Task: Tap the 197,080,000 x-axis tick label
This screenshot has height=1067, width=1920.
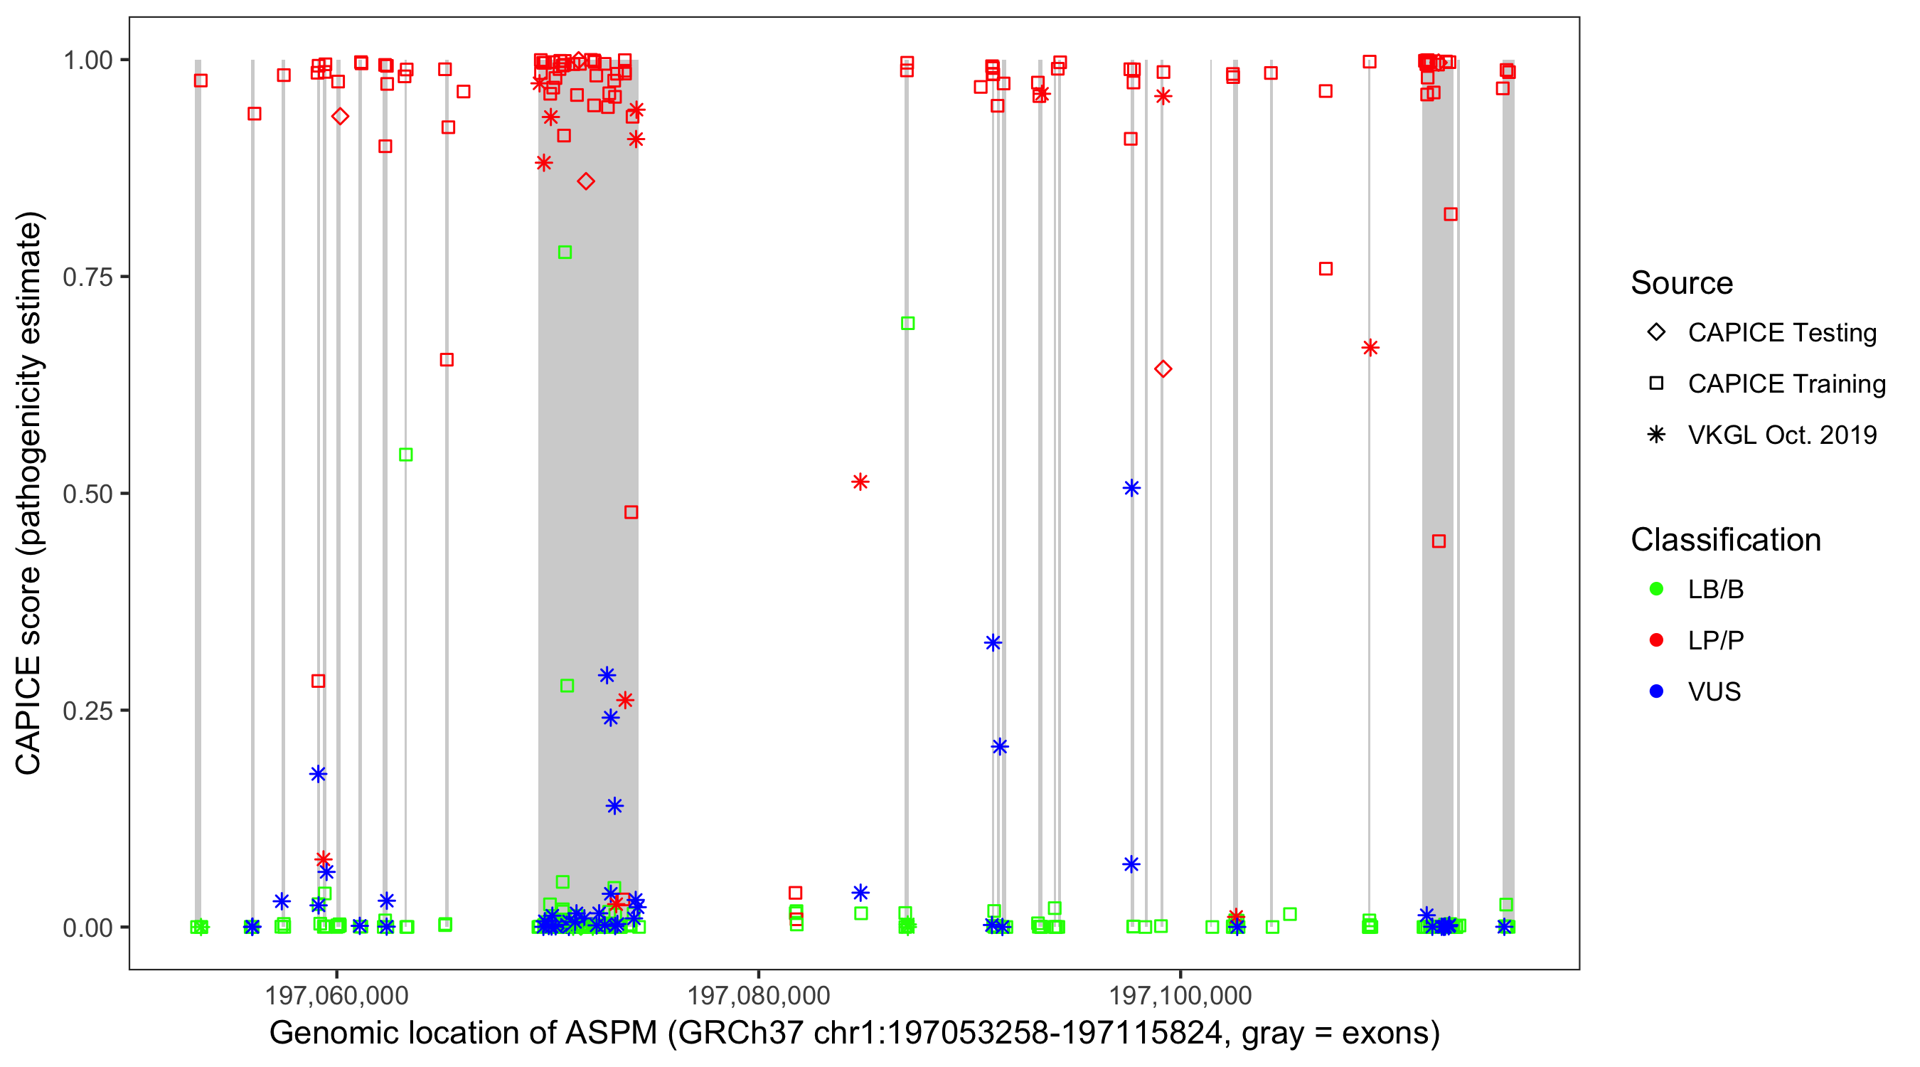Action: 758,995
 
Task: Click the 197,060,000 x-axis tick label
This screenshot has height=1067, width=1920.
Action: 336,995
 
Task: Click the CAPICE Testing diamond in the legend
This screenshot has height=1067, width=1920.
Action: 1656,333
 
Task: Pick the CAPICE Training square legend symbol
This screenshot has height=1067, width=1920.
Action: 1656,384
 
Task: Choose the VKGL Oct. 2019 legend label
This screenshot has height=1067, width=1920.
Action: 1782,435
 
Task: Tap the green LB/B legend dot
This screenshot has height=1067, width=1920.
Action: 1656,590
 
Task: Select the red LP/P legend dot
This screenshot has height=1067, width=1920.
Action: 1656,640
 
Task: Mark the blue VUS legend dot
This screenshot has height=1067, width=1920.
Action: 1656,692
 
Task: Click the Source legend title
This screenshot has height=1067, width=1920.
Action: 1682,283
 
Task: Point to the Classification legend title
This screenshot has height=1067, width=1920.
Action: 1725,540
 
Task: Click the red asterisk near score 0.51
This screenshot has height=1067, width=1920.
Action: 860,482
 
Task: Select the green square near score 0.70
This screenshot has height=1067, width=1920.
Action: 907,324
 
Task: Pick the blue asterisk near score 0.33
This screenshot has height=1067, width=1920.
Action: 992,643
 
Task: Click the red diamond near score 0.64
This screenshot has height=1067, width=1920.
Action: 1163,369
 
